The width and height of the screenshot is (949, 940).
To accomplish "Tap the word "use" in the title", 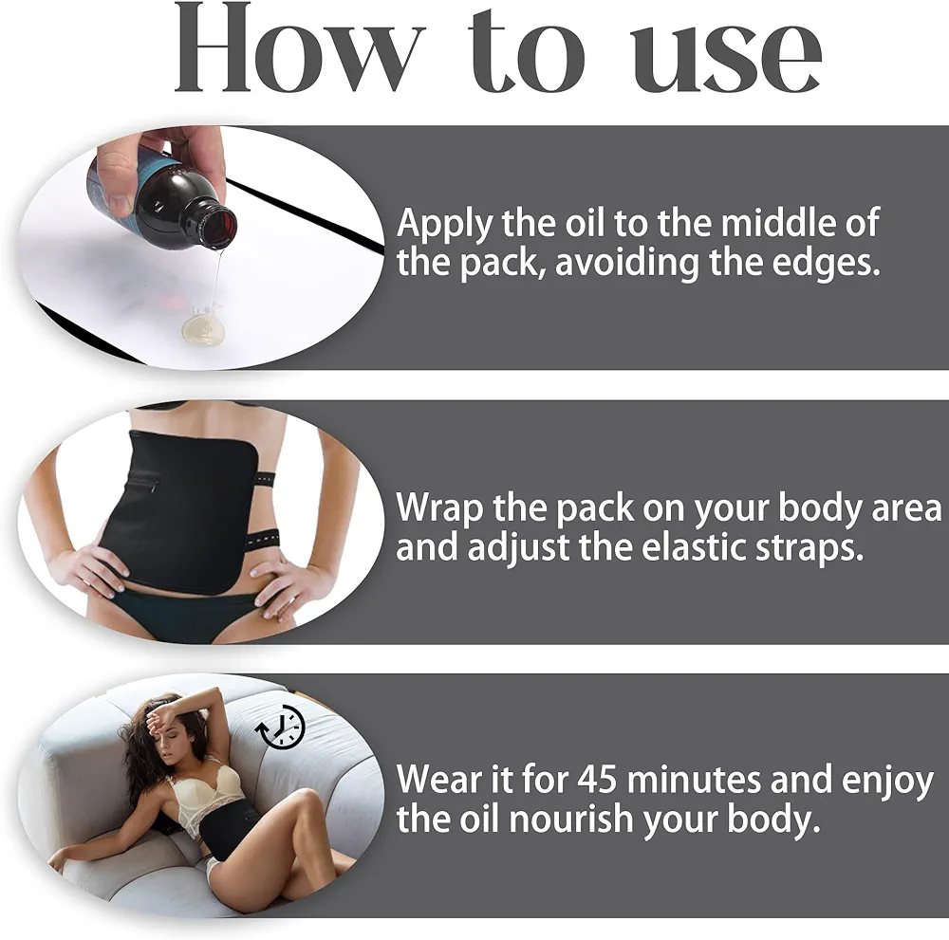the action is click(725, 58).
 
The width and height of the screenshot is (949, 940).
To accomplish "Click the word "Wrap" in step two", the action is click(439, 508).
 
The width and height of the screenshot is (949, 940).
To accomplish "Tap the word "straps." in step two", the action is click(809, 548).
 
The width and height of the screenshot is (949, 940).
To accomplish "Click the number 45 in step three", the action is click(596, 780).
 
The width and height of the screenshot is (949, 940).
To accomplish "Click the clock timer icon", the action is click(280, 728).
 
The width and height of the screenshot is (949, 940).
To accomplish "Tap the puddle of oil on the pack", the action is click(203, 328).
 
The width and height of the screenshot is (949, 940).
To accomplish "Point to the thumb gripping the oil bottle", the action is click(115, 181).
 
